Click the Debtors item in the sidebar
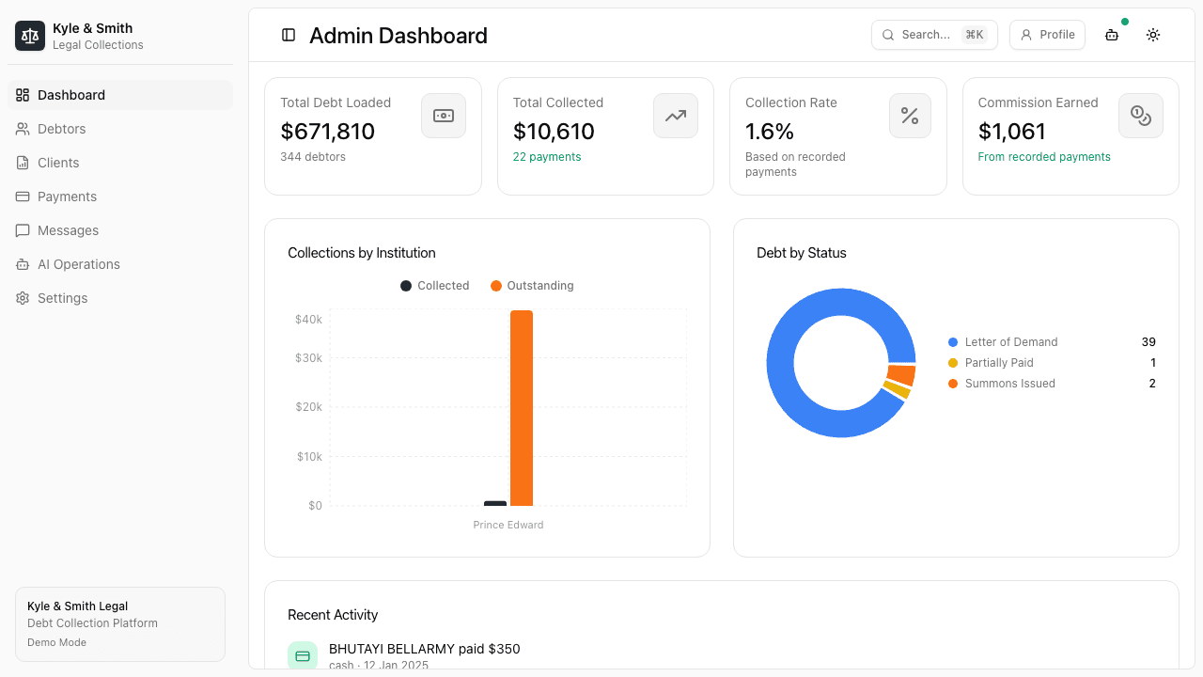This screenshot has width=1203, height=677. point(61,129)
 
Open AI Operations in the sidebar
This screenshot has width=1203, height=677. point(78,264)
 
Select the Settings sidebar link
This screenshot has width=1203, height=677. point(62,298)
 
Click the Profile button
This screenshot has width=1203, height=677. point(1047,35)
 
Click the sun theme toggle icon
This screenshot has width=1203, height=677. point(1152,35)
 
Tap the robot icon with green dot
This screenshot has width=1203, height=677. point(1112,35)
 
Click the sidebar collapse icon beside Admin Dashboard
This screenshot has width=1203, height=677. point(289,35)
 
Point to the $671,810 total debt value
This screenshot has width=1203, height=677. point(327,132)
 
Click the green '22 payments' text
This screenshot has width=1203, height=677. point(547,157)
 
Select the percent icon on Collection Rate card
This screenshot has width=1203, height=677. point(909,116)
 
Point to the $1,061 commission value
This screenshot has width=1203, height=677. point(1011,132)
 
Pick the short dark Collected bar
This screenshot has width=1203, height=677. point(495,503)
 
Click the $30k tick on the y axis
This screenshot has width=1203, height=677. point(308,358)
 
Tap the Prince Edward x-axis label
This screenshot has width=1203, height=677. point(508,525)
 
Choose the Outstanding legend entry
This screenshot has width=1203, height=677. point(532,286)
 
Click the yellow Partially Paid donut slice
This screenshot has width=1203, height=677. point(897,389)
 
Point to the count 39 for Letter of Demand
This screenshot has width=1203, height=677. point(1148,342)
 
